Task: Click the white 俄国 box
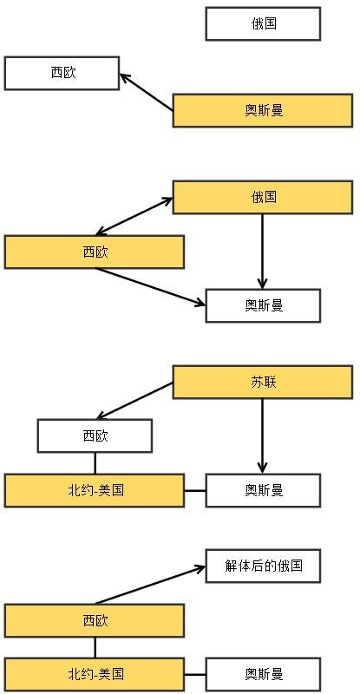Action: [x=263, y=23]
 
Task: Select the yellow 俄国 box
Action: [x=263, y=197]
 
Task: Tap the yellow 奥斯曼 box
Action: [x=263, y=110]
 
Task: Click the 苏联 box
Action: [x=263, y=382]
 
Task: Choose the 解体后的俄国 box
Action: [x=263, y=566]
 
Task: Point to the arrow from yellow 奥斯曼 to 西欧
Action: [x=146, y=92]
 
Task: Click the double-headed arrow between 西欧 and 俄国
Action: [x=134, y=216]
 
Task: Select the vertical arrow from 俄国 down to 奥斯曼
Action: [x=262, y=252]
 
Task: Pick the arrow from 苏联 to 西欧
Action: [x=134, y=401]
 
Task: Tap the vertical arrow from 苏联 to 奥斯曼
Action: [x=262, y=436]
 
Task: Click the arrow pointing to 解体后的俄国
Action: [x=151, y=584]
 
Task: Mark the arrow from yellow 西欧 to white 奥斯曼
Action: [x=151, y=286]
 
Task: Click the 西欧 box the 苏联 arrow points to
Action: [x=95, y=436]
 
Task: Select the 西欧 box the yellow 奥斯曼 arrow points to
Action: [x=62, y=73]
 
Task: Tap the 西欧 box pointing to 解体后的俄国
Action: [x=95, y=620]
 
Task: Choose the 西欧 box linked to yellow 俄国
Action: [x=95, y=252]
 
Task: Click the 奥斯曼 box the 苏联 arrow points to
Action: [x=263, y=490]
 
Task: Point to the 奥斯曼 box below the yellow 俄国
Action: [x=263, y=306]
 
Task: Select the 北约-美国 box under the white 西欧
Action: [x=95, y=490]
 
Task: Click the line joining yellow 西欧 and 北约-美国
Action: [x=95, y=647]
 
